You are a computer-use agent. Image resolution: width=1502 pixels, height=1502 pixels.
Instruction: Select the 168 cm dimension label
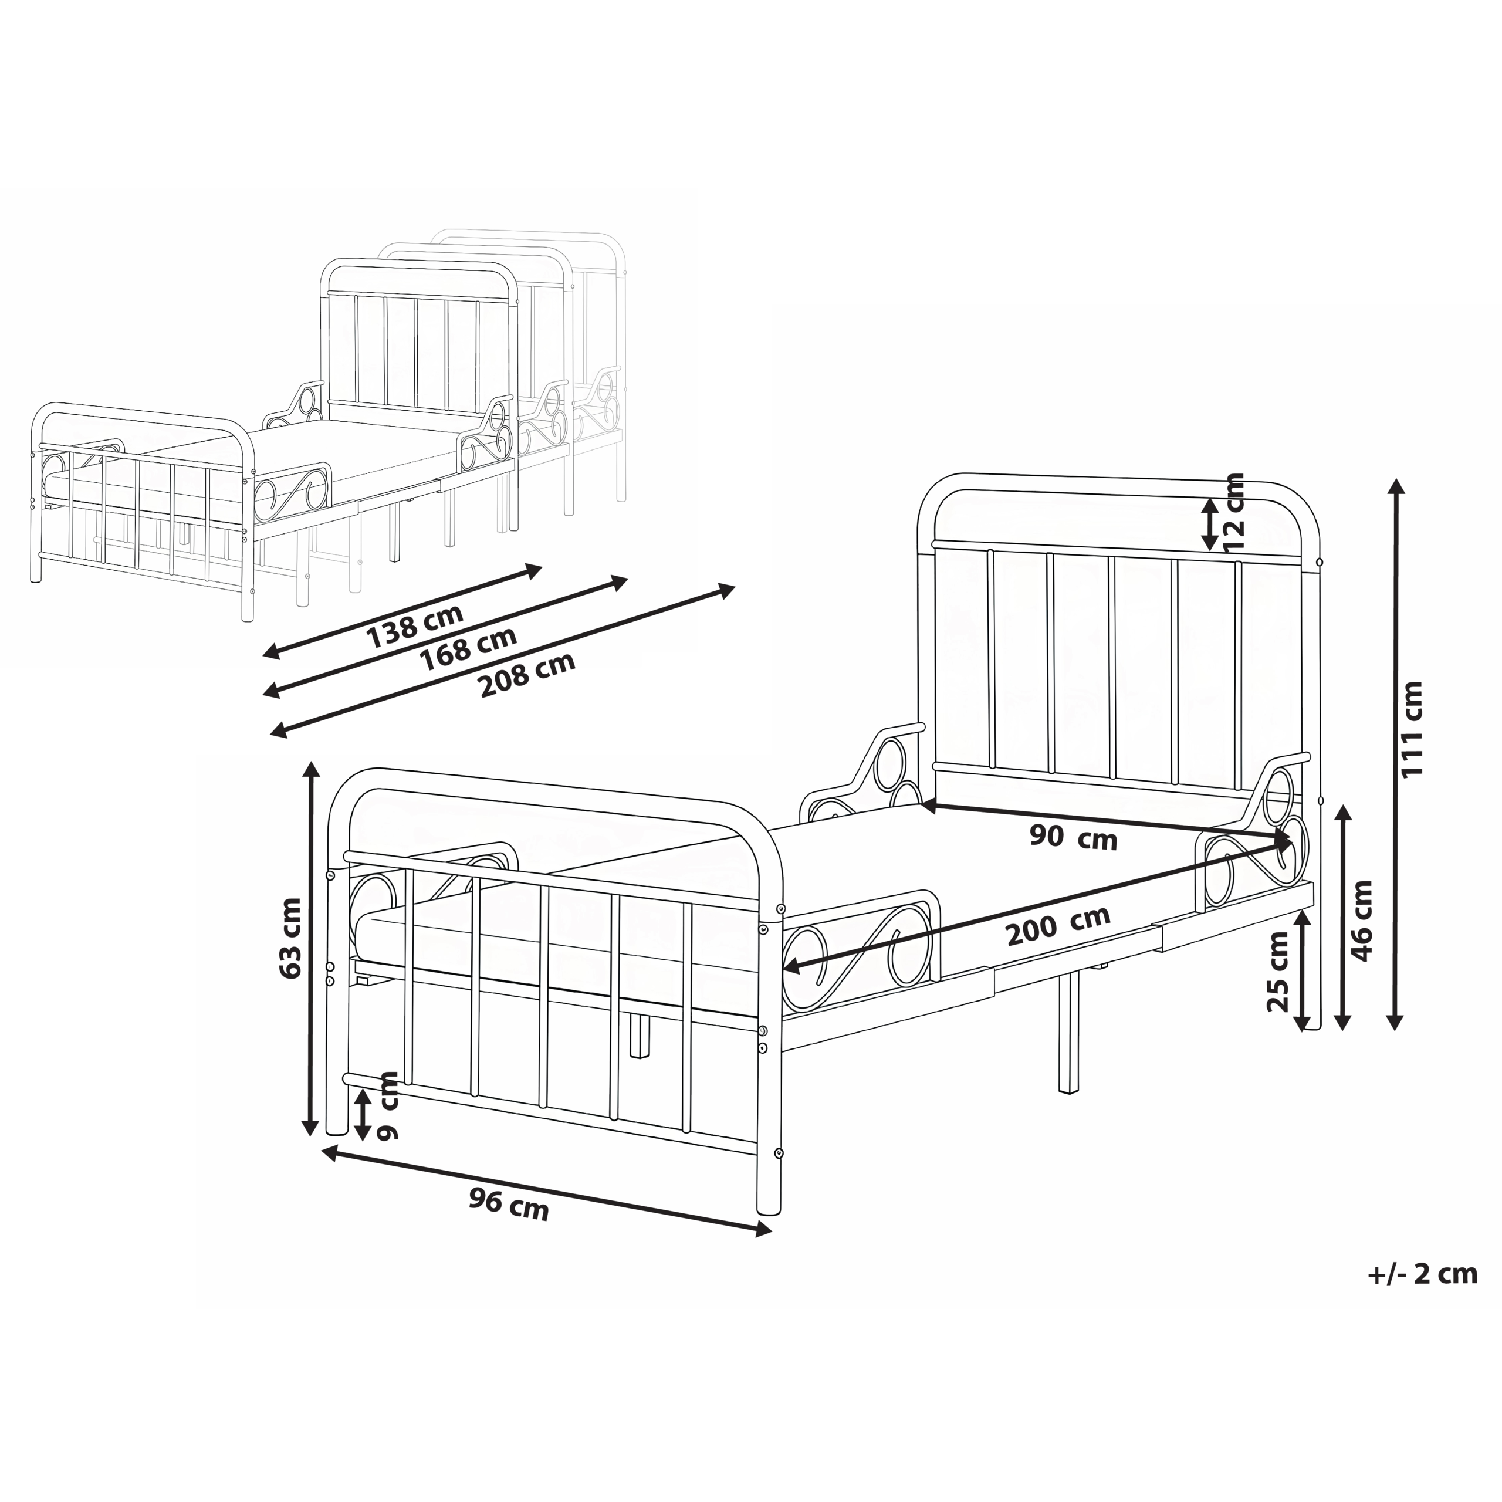click(469, 649)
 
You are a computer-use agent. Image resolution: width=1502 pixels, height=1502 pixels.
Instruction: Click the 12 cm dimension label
click(1232, 512)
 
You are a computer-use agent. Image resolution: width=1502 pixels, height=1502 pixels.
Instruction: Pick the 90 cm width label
click(1073, 838)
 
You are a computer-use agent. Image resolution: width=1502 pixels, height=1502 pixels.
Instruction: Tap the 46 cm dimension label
click(1362, 921)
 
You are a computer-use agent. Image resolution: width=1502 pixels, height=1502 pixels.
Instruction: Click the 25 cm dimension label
click(1277, 971)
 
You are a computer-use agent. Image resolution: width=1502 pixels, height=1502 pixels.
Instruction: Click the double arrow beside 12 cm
click(1210, 524)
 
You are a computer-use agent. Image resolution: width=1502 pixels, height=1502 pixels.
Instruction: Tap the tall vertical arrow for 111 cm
click(1396, 754)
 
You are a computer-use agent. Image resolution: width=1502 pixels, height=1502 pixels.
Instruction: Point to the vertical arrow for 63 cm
click(311, 949)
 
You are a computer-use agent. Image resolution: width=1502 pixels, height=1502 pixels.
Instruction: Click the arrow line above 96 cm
click(547, 1192)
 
